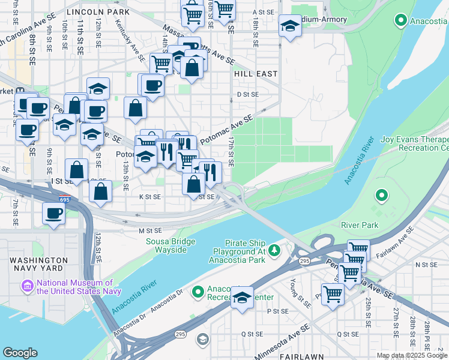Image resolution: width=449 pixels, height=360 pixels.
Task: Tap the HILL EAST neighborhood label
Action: [x=256, y=74]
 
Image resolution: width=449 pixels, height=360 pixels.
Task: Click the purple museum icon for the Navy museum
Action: [x=27, y=286]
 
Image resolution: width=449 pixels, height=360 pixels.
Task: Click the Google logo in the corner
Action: [x=20, y=353]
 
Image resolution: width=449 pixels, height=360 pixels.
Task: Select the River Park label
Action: [x=360, y=225]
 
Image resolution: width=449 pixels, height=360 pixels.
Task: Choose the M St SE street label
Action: [x=150, y=230]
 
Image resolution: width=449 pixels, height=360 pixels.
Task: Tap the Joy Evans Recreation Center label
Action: [x=414, y=143]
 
